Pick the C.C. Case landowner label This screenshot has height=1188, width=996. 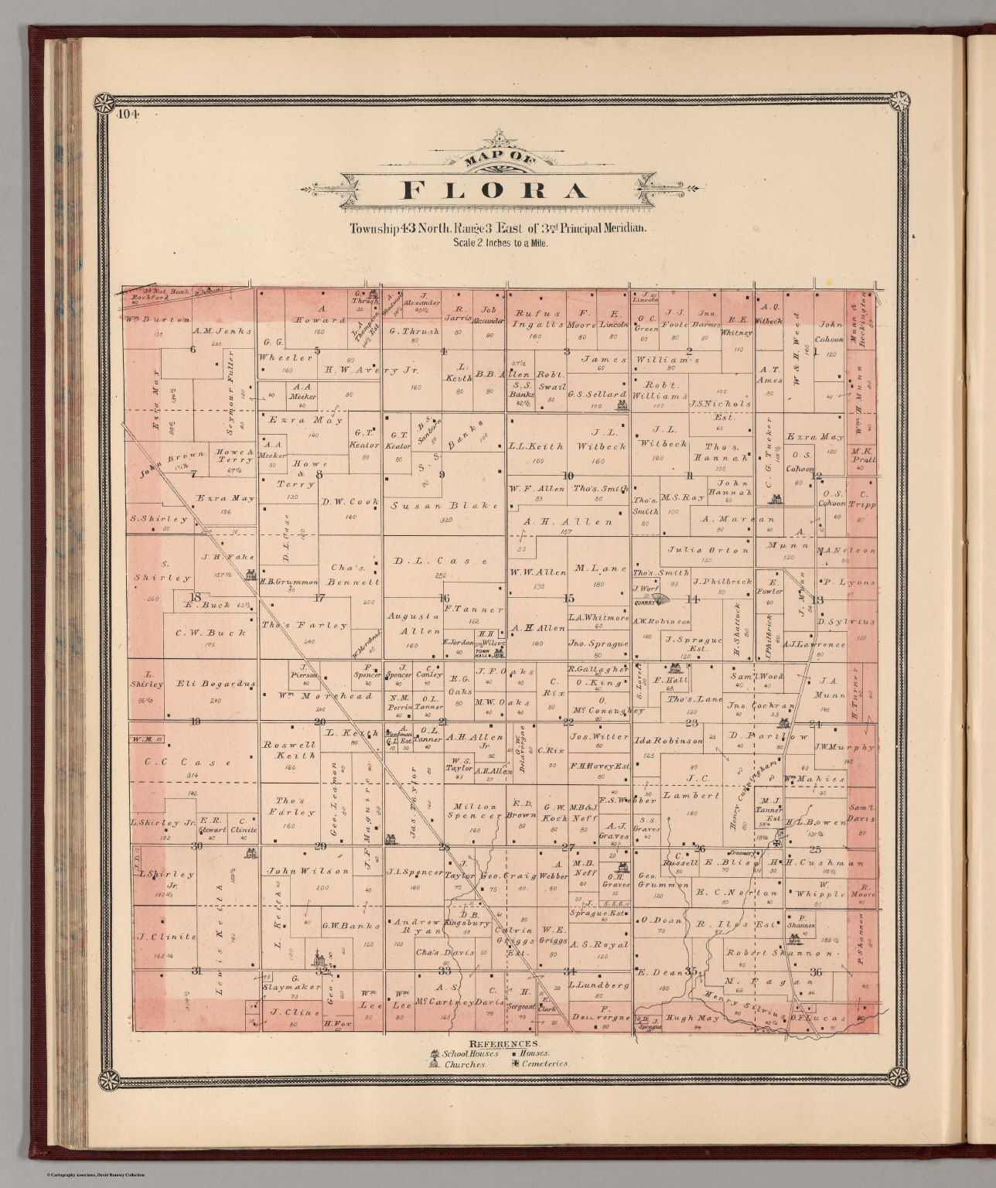(188, 763)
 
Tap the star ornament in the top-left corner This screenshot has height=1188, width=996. (104, 101)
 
